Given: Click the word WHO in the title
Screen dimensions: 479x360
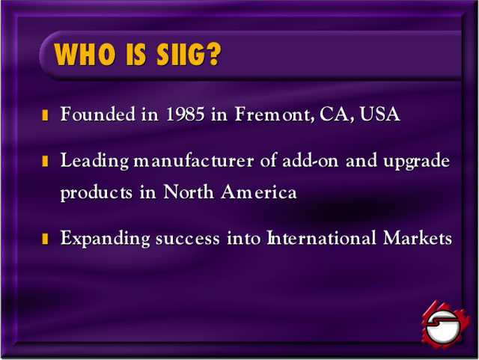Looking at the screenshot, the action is coord(85,54).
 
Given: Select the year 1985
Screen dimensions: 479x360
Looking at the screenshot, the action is coord(185,114).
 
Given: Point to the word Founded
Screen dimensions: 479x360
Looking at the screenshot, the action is coord(98,114).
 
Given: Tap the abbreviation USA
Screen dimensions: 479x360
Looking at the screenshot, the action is coord(379,114).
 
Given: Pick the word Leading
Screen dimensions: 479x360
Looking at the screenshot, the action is coord(95,161).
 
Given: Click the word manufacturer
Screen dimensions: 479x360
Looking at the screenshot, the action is coord(194,160).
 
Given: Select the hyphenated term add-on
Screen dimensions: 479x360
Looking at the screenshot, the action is coord(311,160).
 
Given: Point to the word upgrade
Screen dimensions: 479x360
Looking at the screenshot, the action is coord(417,162).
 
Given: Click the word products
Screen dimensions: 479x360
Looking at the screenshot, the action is coord(97,193).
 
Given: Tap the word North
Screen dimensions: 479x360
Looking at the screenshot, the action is coord(189,192).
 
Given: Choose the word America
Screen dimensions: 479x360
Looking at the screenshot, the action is coord(259,192).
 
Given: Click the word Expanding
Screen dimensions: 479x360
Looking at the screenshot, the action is coord(105,239).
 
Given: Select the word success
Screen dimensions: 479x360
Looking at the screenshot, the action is coord(188,239).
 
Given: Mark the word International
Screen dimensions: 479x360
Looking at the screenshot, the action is coord(322,238).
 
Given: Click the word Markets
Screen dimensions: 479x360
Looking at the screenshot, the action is coord(418,238).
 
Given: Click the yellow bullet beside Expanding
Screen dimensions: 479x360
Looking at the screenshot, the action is coord(45,239).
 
